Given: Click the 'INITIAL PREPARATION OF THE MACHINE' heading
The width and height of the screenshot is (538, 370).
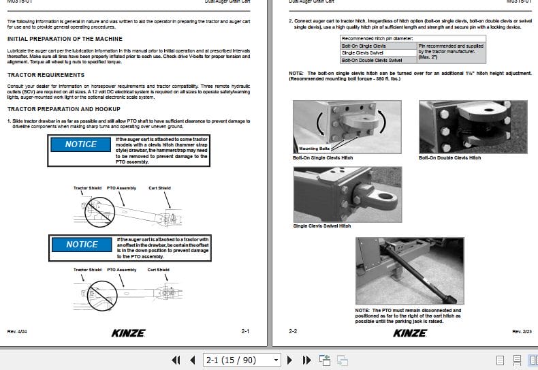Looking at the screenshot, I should (65, 40).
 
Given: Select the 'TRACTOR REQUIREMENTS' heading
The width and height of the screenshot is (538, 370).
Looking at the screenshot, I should (46, 75).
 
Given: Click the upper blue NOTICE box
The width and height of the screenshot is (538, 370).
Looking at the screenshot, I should (81, 144).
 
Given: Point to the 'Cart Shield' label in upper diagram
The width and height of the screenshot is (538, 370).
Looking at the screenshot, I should (159, 188).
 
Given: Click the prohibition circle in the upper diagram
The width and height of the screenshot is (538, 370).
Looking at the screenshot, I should (96, 211).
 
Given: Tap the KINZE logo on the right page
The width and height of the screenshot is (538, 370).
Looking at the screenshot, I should (410, 333).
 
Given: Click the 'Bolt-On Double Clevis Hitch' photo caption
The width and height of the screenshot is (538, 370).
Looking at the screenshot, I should (449, 157).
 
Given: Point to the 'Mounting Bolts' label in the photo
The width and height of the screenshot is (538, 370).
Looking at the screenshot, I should (314, 148).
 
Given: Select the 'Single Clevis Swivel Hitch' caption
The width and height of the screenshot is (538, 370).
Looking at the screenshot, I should (322, 226).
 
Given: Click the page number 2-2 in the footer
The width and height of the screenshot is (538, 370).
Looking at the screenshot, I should (293, 332).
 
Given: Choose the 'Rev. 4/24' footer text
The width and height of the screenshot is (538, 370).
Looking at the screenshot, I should (16, 332).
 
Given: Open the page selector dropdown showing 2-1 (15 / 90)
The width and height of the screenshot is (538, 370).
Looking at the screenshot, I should (242, 360).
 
